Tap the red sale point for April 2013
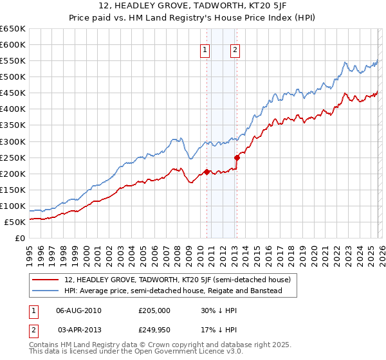(x=237, y=157)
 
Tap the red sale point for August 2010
(x=207, y=172)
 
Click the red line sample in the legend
(x=46, y=280)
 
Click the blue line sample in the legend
(x=46, y=291)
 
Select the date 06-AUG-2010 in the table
(x=78, y=310)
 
